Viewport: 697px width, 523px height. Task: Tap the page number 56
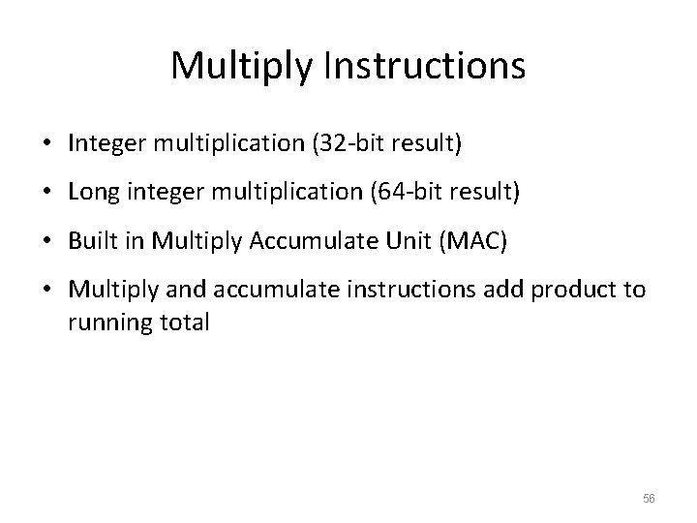[x=649, y=497]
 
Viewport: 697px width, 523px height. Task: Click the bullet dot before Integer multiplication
[x=47, y=144]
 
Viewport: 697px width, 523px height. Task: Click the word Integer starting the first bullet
[x=101, y=143]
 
